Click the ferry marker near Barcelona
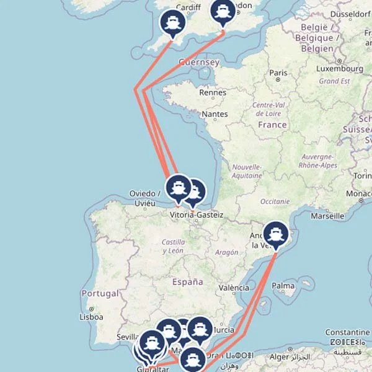(x=276, y=235)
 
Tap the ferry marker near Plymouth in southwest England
(x=172, y=23)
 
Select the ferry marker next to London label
(x=223, y=11)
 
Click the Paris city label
(x=278, y=73)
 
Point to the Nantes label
(x=215, y=114)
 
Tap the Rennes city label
(x=213, y=92)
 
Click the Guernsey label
(x=198, y=63)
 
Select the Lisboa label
(x=91, y=316)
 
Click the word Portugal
(x=100, y=293)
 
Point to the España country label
(x=188, y=281)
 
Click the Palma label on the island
(x=283, y=286)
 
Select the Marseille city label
(x=327, y=216)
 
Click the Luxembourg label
(x=340, y=69)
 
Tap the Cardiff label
(x=188, y=7)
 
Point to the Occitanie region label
(x=275, y=201)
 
